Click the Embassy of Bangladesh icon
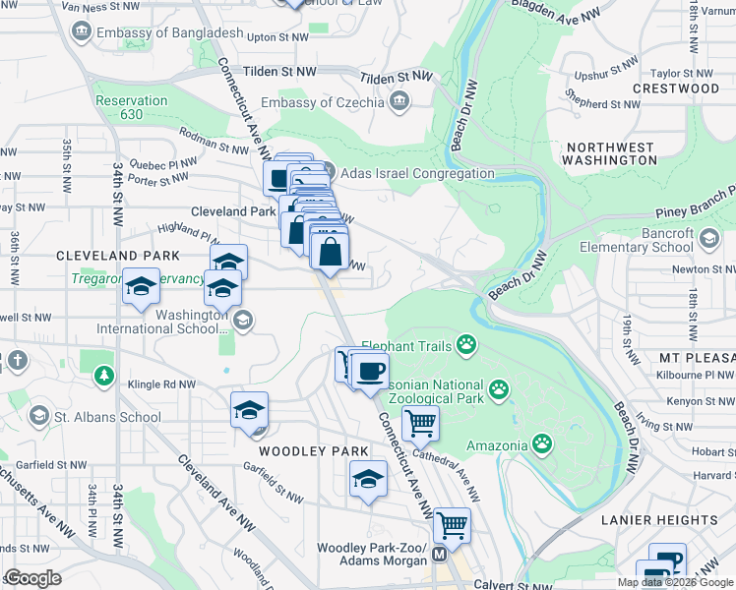coord(80,32)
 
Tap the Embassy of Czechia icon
coord(399,101)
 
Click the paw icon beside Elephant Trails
coord(465,345)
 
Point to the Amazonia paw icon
coord(542,444)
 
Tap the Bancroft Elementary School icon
coord(707,238)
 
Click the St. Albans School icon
coord(39,416)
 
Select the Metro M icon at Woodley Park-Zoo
coord(439,555)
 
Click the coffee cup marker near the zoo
coord(370,372)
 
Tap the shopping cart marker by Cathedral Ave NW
coord(421,424)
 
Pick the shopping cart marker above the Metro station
coord(452,525)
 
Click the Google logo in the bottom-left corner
coord(32,577)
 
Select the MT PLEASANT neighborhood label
coord(697,355)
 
